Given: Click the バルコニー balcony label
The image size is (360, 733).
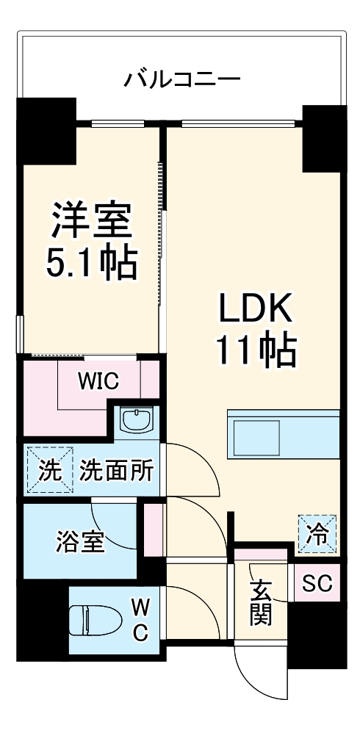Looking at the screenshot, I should (181, 78).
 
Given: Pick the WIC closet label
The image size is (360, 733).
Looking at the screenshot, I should (99, 382).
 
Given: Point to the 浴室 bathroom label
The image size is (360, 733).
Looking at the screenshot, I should (79, 543).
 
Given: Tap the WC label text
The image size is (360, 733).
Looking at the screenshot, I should (141, 619).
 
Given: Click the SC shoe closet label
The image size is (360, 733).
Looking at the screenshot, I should (317, 584).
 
